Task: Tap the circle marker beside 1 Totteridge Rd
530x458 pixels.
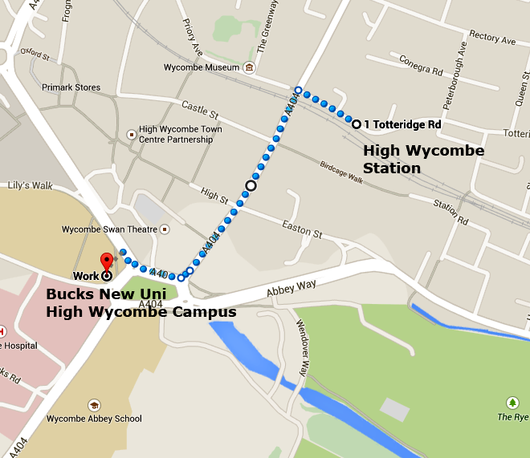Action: (x=356, y=124)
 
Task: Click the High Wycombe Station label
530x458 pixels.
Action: (x=423, y=159)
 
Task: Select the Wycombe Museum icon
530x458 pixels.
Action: (x=250, y=68)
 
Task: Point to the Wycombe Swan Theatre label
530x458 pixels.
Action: (x=110, y=229)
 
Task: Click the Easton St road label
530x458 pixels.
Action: (x=302, y=230)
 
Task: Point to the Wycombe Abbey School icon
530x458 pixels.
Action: (x=94, y=405)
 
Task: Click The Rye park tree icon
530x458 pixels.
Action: (x=512, y=403)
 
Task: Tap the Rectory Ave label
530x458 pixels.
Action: (x=492, y=37)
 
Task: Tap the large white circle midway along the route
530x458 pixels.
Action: (x=251, y=185)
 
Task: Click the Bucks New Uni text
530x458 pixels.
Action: (x=106, y=294)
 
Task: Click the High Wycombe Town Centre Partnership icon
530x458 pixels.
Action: (x=132, y=134)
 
